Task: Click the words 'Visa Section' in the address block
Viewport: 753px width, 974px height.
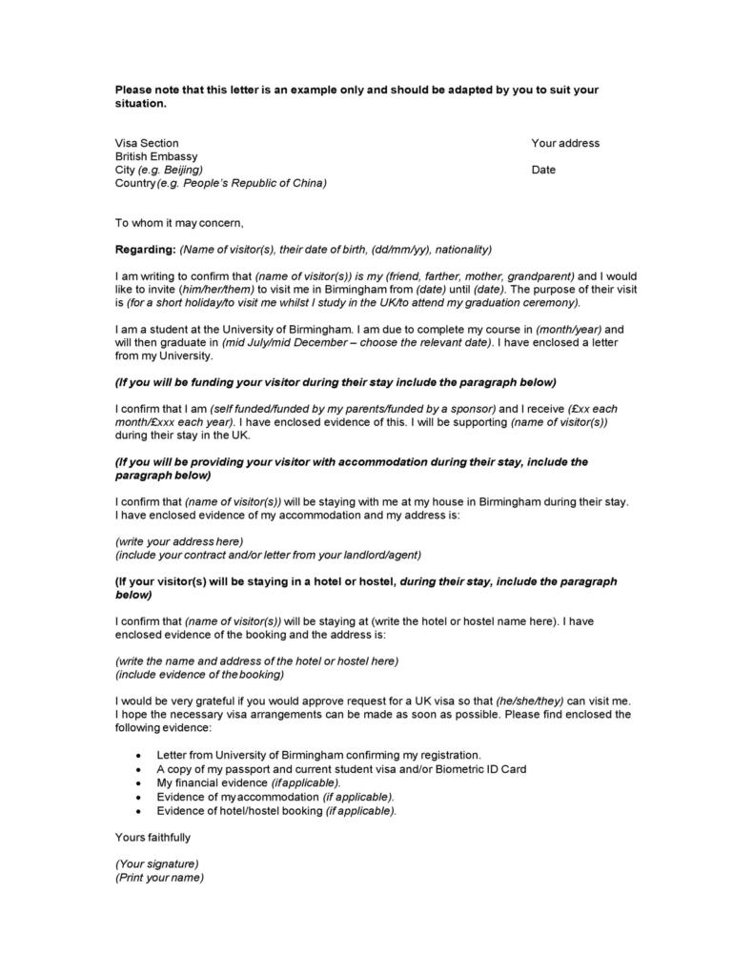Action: pyautogui.click(x=147, y=143)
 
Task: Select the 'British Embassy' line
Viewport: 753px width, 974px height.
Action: pyautogui.click(x=156, y=156)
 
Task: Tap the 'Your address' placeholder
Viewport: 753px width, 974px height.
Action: pyautogui.click(x=565, y=143)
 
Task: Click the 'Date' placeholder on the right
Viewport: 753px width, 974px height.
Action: pyautogui.click(x=543, y=170)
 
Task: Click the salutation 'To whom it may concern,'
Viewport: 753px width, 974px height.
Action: pyautogui.click(x=179, y=223)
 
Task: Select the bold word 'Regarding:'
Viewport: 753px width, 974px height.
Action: pyautogui.click(x=145, y=250)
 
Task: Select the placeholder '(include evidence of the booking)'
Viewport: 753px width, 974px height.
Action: pyautogui.click(x=199, y=674)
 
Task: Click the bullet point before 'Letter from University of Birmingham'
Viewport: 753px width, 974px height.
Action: pyautogui.click(x=140, y=754)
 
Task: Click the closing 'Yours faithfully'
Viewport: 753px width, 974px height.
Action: pyautogui.click(x=153, y=838)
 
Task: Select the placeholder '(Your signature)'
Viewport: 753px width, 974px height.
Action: pyautogui.click(x=156, y=864)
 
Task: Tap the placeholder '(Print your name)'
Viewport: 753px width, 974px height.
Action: pyautogui.click(x=159, y=878)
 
